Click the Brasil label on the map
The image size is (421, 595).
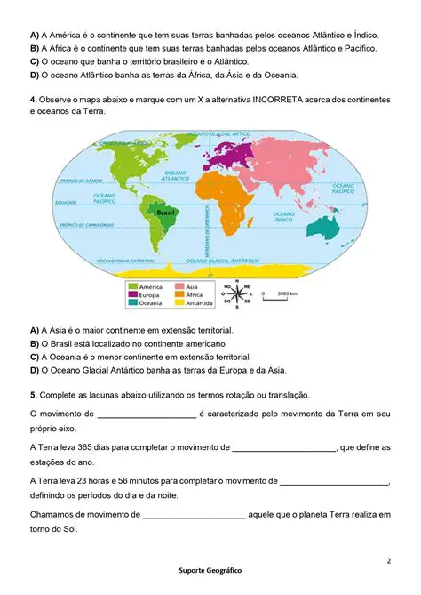tap(164, 213)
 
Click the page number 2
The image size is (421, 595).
tap(388, 561)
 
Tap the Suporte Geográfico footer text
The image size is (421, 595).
tap(210, 569)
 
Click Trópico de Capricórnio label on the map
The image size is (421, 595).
tap(89, 226)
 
